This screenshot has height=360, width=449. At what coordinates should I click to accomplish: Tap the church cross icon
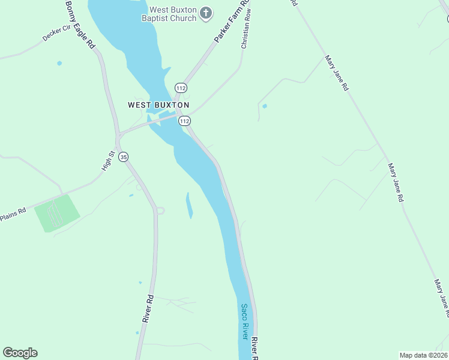pos(206,13)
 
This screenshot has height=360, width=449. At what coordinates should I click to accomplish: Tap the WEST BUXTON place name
pos(158,104)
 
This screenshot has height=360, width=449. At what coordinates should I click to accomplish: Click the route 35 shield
pos(124,157)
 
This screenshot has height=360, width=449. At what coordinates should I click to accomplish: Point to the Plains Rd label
pos(13,215)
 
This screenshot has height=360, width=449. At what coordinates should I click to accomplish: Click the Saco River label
pos(245,322)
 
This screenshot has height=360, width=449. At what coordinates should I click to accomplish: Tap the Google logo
pos(20,353)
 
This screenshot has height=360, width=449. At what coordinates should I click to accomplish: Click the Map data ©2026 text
pos(423,355)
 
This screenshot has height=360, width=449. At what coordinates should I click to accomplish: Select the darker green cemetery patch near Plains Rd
pos(56,212)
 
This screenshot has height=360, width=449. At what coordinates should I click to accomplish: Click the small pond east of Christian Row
pos(265,106)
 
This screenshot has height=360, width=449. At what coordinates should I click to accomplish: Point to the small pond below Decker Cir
pos(59,63)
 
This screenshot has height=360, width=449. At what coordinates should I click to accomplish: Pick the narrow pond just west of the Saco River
pos(189,205)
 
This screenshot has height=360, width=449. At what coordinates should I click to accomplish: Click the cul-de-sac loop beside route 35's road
pos(160,211)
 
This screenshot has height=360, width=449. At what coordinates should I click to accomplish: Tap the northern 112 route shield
pos(181,88)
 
